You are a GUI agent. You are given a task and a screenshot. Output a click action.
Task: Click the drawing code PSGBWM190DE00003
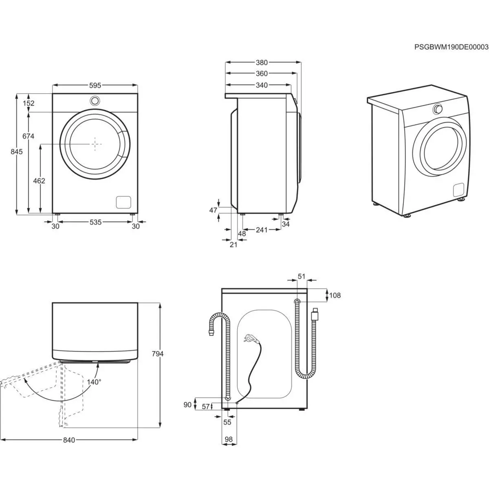coord(451,47)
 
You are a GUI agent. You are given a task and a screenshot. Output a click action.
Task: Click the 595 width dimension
coord(95,86)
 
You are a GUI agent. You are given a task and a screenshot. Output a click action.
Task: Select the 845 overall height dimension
coord(16,152)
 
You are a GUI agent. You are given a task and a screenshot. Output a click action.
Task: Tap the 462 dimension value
coord(39,181)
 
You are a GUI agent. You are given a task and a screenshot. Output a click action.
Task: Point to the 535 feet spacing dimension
coord(95,222)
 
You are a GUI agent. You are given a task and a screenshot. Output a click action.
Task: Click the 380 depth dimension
coord(262,63)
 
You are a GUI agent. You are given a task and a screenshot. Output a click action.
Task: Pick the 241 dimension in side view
coord(262,230)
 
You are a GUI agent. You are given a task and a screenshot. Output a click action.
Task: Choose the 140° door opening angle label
coord(94,382)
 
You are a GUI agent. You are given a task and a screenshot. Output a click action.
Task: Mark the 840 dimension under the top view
coord(69,440)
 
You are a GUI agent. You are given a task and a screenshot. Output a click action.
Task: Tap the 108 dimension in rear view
coord(335,295)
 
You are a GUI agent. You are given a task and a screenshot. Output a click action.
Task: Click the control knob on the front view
coord(95,100)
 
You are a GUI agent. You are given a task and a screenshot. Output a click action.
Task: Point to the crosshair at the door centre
coord(95,144)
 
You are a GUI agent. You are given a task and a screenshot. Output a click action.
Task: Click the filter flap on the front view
coord(123,202)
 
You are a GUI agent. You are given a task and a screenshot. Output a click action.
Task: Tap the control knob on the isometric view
coord(438,109)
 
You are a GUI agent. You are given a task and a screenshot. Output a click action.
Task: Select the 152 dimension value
coord(29,103)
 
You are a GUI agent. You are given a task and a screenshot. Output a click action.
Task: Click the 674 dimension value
coord(28,137)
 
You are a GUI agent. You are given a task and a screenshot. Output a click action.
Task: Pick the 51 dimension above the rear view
coord(301,276)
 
